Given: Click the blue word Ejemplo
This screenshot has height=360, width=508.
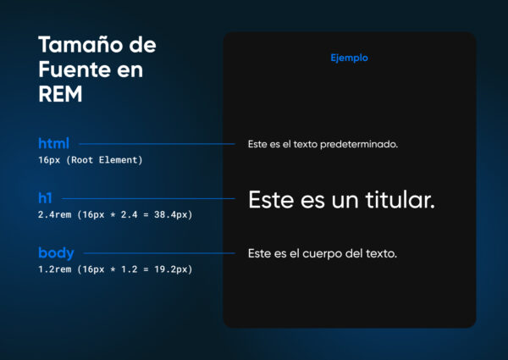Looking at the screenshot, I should (x=349, y=58).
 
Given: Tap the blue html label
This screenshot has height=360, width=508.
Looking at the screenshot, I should (x=53, y=143).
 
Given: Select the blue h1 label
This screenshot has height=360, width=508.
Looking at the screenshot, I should (x=45, y=198).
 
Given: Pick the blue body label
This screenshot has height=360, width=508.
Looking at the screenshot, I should (x=56, y=252).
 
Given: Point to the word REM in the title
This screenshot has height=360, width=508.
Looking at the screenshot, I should (x=60, y=95).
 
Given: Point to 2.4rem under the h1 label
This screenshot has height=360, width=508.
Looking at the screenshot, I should (x=56, y=215).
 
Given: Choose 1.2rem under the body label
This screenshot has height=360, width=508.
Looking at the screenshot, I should (x=56, y=269).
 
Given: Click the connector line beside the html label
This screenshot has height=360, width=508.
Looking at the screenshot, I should (x=156, y=144).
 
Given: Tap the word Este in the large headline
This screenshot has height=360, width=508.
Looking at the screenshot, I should (x=272, y=201).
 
